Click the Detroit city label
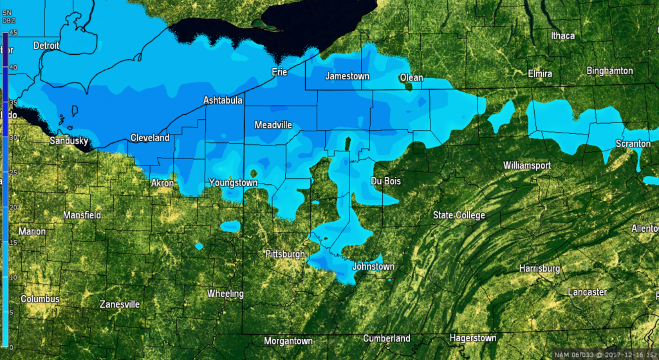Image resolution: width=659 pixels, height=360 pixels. point(46,46)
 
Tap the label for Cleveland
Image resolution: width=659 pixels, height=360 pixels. point(150,138)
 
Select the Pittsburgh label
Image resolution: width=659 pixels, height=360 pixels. point(285,254)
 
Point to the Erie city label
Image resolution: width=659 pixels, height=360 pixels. point(279,72)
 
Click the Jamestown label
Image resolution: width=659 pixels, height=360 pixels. point(348,76)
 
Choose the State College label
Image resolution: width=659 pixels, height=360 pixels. point(459,215)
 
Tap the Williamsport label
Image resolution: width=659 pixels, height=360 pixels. point(527,166)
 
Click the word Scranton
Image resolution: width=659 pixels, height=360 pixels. point(633,144)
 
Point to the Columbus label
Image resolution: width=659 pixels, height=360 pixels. point(40,299)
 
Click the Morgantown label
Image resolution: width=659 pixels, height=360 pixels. point(288,340)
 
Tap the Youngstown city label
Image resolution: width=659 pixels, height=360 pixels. point(233,183)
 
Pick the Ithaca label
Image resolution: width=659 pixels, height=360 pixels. point(562,35)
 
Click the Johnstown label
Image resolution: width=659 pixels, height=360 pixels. point(373,266)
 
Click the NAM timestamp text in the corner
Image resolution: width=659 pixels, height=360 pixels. point(603,354)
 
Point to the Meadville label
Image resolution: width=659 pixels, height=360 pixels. point(274,124)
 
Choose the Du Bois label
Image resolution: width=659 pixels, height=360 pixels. point(386,182)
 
